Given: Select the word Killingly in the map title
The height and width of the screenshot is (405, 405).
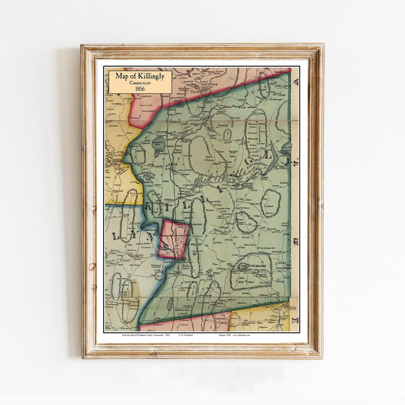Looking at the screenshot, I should point(152,76).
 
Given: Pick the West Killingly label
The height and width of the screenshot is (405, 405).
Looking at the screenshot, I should point(194,244).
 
